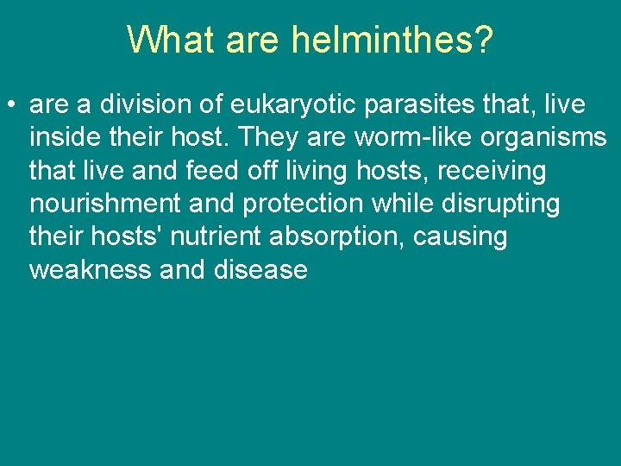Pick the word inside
[65, 138]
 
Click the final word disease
[259, 270]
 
